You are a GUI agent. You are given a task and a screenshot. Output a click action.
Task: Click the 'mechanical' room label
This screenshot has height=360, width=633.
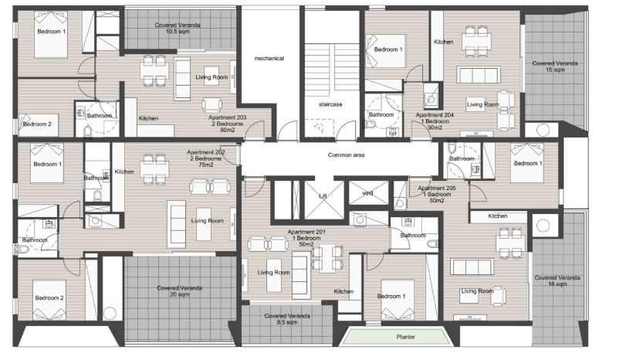[x=269, y=59]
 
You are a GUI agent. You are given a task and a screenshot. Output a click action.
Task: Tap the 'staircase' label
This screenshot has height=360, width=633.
[x=330, y=104]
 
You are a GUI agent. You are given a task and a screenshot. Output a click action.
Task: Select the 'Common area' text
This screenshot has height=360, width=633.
[x=346, y=155]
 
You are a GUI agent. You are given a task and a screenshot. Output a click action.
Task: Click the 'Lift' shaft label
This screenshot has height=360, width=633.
[x=323, y=196]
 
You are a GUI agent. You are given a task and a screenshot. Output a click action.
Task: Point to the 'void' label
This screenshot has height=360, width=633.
[x=367, y=193]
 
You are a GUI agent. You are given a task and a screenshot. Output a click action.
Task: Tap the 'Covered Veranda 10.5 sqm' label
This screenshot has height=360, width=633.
[x=178, y=29]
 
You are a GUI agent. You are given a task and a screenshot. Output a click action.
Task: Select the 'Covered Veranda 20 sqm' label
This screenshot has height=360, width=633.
[x=179, y=291]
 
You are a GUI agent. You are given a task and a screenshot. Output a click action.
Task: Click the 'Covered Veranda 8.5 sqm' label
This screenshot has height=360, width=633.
[x=287, y=319]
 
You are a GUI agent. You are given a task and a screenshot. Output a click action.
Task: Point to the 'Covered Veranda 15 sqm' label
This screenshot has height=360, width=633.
[x=555, y=66]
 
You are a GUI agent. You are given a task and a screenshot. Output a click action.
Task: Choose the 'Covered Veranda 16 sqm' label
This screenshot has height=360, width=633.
[x=557, y=280]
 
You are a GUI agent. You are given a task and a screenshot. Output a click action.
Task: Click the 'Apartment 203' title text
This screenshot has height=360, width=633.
[x=227, y=117]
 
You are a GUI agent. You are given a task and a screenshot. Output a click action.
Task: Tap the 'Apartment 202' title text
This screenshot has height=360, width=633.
[x=206, y=152]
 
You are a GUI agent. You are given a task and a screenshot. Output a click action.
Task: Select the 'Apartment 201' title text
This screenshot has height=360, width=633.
[x=306, y=232]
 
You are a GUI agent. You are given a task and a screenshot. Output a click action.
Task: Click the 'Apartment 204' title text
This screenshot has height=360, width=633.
[x=435, y=115]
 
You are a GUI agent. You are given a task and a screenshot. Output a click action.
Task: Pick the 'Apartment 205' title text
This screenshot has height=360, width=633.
[x=437, y=188]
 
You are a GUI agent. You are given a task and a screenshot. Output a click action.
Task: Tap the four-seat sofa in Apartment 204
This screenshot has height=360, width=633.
[x=479, y=76]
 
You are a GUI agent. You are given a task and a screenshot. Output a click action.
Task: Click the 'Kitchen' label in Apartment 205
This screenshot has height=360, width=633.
[x=497, y=216]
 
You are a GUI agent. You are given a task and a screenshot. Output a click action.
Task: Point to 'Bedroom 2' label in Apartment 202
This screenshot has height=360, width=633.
[x=49, y=297]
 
